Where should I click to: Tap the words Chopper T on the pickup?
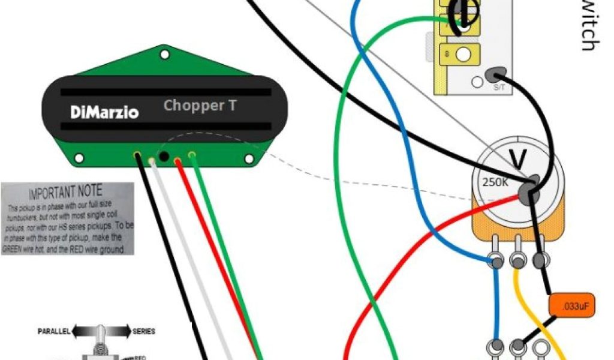point(200,106)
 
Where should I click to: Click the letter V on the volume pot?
point(516,158)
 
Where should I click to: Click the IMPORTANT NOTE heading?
point(65,193)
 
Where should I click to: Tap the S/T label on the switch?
point(499,88)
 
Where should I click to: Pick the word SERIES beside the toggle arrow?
point(144,331)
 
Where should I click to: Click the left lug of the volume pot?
point(496,261)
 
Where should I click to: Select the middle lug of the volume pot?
point(517,261)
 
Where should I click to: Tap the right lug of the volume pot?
point(539,260)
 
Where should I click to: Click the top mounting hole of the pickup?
point(163,55)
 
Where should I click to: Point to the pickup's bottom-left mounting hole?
point(79,158)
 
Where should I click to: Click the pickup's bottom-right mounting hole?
point(248,158)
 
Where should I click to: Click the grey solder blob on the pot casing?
point(528,191)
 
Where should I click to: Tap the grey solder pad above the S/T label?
point(494,75)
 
